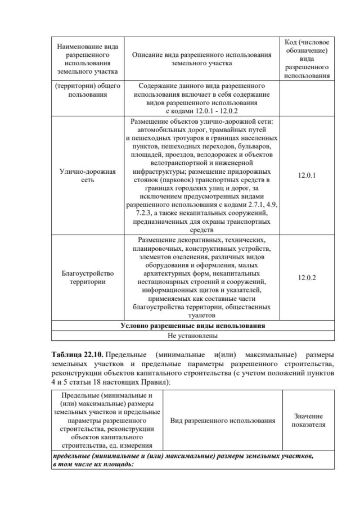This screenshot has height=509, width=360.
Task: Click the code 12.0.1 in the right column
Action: coord(307,175)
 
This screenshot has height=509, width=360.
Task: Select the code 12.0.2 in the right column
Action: coord(307,278)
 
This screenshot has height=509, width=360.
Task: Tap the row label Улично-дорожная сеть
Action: coord(87,175)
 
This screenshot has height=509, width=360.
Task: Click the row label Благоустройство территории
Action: coord(87,278)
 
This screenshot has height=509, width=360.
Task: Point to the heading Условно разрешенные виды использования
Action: coord(193,326)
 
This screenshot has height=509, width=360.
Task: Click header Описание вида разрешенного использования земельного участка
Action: coord(201,59)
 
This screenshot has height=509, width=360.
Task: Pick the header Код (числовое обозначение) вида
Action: coord(307,51)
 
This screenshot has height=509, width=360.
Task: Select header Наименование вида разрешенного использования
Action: coord(87,59)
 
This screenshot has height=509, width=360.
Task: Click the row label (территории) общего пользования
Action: coord(87,91)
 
